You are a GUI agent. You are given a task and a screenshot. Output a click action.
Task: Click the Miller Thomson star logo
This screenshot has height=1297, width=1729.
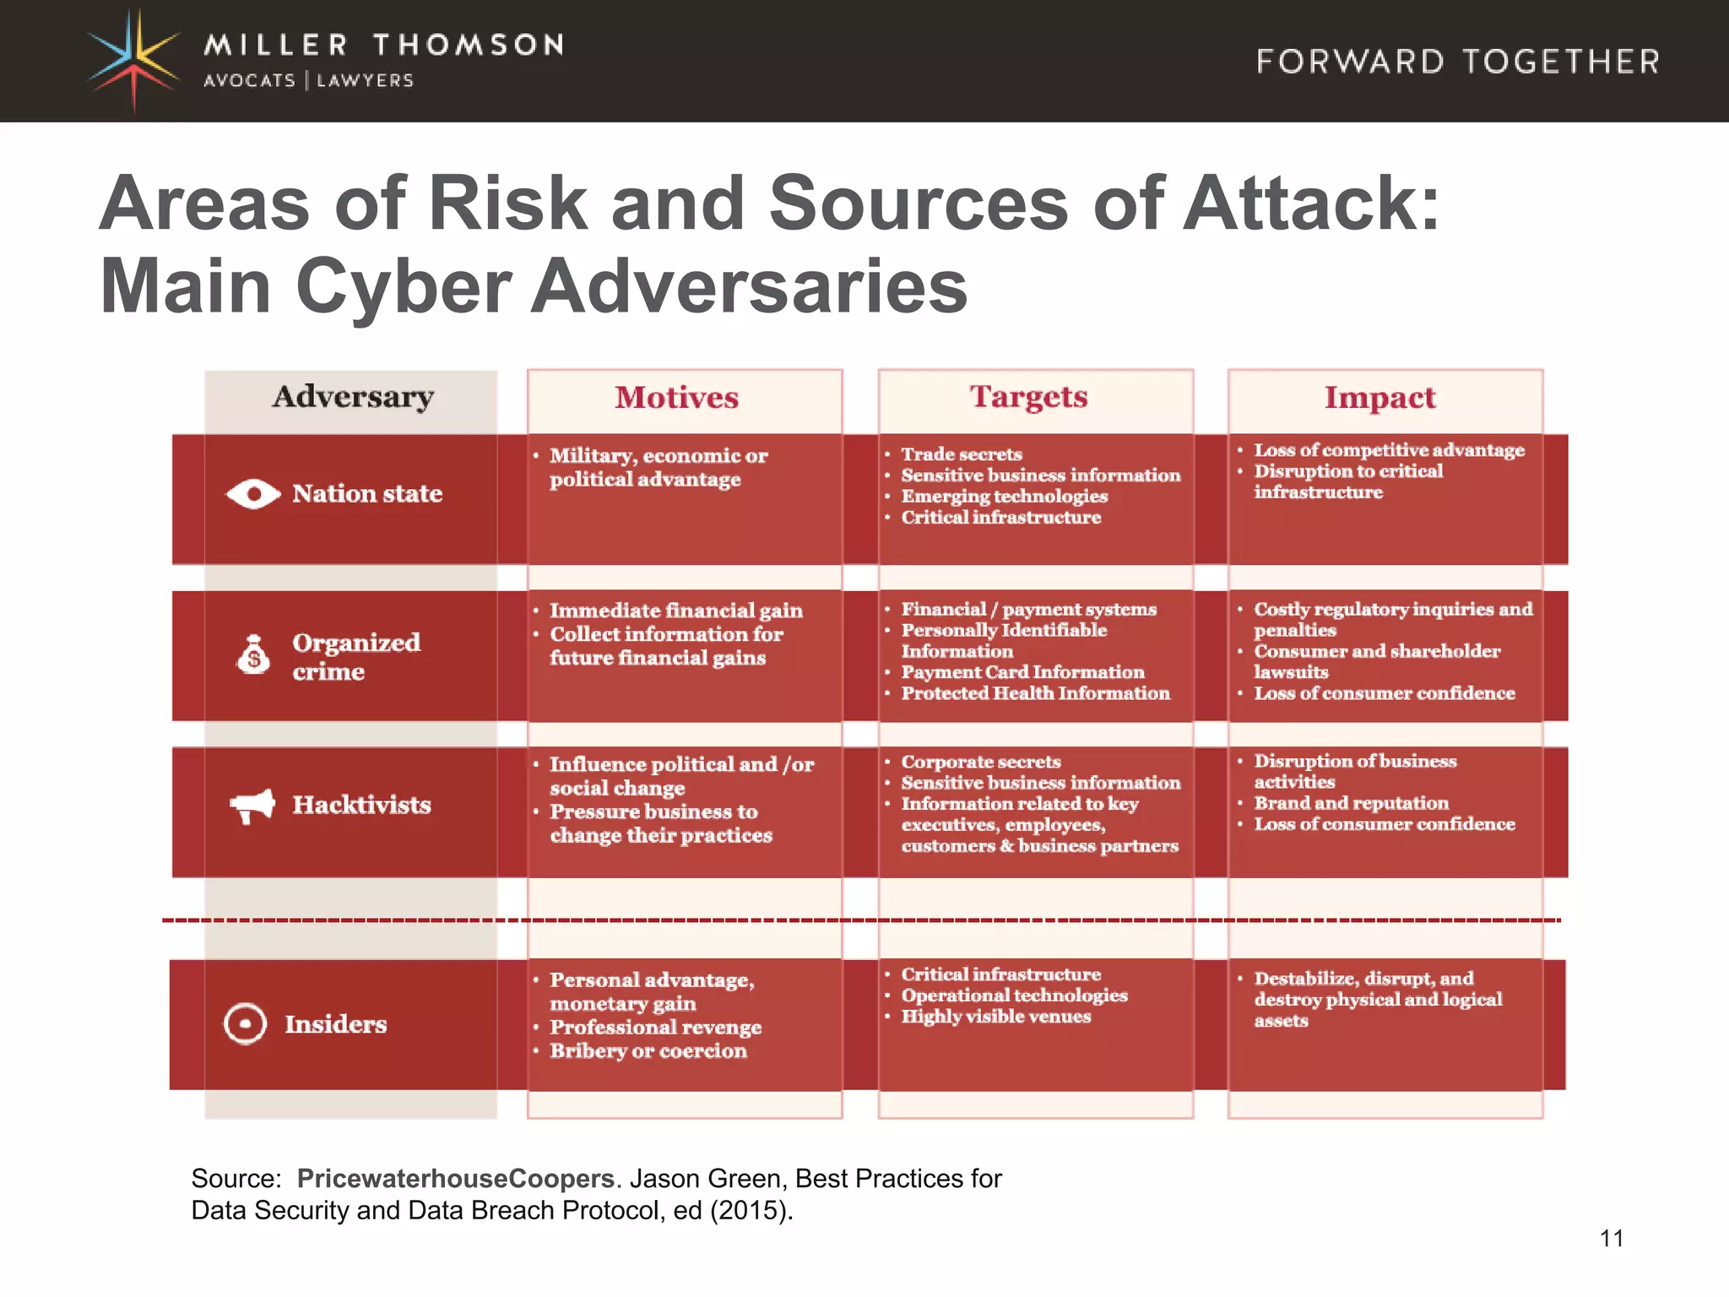point(133,59)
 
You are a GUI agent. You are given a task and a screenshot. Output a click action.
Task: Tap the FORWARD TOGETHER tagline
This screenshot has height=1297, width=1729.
point(1458,62)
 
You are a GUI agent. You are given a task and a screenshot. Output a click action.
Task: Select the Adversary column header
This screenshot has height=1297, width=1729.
point(353,397)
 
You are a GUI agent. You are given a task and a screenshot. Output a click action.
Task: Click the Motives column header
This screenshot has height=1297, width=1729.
point(676,398)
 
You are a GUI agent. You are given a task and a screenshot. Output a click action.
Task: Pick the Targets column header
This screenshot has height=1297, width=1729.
point(1028,397)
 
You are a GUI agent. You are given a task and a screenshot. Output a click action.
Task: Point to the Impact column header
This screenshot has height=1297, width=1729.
point(1379,398)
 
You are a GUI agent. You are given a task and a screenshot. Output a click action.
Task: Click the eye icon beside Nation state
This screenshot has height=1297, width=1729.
point(253,494)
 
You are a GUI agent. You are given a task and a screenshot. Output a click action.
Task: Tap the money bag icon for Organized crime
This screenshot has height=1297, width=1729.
point(253,654)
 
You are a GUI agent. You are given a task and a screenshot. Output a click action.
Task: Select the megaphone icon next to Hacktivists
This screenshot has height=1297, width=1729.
point(252,806)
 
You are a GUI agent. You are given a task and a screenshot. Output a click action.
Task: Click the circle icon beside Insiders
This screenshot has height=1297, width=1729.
point(245,1024)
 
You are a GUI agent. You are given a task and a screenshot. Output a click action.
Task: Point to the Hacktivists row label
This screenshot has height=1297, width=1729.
point(361,805)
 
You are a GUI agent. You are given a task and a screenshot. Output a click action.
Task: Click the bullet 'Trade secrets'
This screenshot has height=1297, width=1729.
point(961,454)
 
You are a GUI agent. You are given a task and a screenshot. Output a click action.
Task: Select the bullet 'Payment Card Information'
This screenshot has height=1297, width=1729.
point(1022,672)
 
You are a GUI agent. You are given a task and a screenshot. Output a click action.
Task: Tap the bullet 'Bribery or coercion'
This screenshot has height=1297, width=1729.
point(648,1051)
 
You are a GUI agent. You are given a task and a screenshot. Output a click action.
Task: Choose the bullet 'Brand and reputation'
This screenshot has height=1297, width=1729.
point(1351,803)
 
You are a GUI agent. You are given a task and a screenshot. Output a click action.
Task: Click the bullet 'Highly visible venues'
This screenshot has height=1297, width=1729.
point(995,1017)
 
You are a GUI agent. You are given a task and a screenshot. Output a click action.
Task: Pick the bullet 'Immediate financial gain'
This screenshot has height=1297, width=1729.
point(675,611)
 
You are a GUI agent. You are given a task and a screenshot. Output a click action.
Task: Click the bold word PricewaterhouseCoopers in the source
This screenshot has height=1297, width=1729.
point(456,1178)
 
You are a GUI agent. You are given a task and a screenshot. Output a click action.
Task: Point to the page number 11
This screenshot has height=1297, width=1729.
point(1611,1239)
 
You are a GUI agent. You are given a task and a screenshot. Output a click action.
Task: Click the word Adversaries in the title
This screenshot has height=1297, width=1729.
point(749,286)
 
